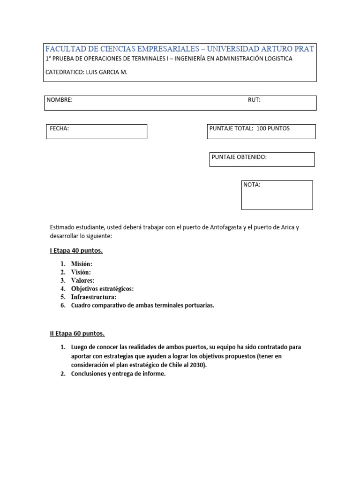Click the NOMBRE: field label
coord(60,100)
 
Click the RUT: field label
coord(254,100)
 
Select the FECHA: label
coord(60,128)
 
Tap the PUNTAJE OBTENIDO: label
coord(239,157)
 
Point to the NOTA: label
coord(252,185)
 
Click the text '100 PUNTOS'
coord(273,128)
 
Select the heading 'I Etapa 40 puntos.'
coord(76,251)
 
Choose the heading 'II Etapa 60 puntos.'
coord(77,334)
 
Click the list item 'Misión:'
coord(82,264)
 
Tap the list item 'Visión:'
coord(81,272)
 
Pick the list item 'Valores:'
coord(82,280)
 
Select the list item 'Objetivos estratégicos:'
coord(102,289)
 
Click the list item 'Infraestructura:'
coord(94,297)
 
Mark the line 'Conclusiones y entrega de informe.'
coord(118,374)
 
